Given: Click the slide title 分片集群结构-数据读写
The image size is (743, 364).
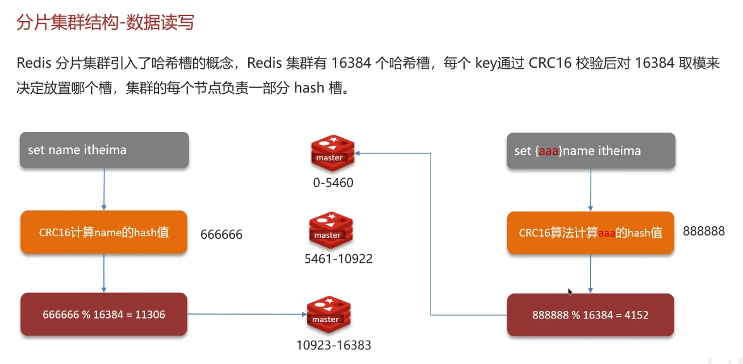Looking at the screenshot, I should (x=105, y=23).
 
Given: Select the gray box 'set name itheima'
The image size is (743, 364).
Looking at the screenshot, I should (x=104, y=150).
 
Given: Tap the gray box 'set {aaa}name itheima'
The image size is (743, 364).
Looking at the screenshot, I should (x=591, y=151).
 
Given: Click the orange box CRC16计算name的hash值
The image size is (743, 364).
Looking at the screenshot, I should (x=104, y=232).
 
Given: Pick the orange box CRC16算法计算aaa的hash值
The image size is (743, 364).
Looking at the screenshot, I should (x=590, y=233).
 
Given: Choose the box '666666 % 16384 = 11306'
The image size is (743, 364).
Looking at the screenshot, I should (x=104, y=314).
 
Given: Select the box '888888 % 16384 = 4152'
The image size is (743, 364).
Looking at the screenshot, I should (x=590, y=315).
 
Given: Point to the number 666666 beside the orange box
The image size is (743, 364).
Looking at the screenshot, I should (x=222, y=234).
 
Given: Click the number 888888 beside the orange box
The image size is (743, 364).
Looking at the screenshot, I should (x=704, y=231).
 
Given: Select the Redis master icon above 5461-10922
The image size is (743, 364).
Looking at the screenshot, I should (x=330, y=230).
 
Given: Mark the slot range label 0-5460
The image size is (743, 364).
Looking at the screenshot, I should (x=333, y=183).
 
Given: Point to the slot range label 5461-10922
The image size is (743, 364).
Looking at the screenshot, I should (x=339, y=259).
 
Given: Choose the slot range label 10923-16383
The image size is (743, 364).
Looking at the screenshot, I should (x=334, y=345).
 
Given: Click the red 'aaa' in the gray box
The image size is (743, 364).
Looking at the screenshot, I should (x=549, y=151).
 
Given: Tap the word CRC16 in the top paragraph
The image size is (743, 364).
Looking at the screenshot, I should (x=549, y=63).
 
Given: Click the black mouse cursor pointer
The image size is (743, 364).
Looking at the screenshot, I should (x=570, y=292).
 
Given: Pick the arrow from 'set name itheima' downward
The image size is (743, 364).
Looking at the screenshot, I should (x=104, y=189).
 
